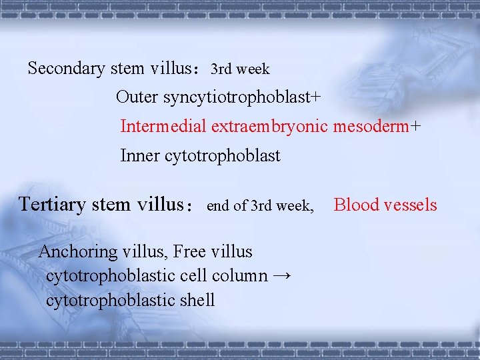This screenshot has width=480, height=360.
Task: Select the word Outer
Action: (x=136, y=97)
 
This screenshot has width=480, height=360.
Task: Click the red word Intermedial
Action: (x=163, y=126)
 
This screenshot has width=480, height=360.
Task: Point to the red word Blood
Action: (x=354, y=205)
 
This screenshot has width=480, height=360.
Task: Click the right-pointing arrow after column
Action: (x=282, y=276)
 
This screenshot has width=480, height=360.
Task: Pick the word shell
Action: (x=197, y=300)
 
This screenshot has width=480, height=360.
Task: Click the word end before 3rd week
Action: (x=218, y=207)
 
